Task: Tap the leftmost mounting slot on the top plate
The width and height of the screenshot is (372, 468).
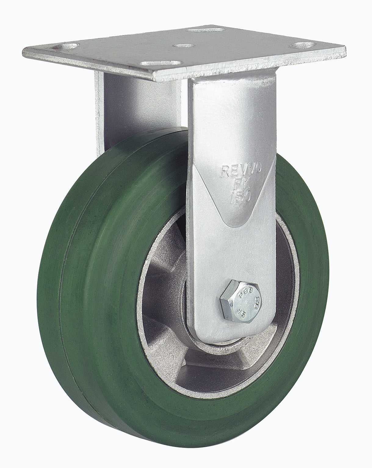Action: (x=65, y=47)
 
